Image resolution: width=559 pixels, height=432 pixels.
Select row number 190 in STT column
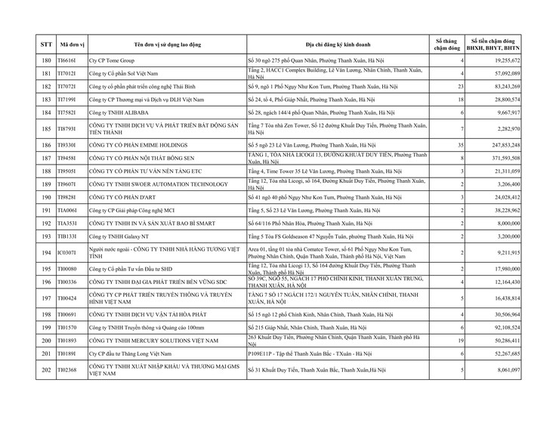tap(45, 197)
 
